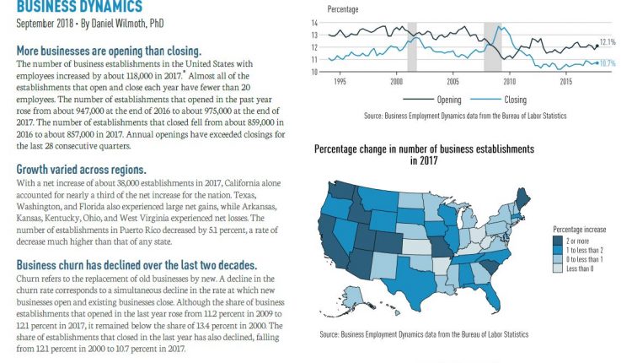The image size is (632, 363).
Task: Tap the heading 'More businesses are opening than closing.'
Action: coord(109,51)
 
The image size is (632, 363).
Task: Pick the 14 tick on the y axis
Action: coord(313,23)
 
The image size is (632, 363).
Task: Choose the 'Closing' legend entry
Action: coord(514,98)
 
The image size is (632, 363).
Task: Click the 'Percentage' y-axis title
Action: coord(343,9)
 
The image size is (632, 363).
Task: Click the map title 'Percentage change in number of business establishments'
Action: coord(424,149)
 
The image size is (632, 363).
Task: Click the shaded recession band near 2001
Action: coord(412,46)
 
